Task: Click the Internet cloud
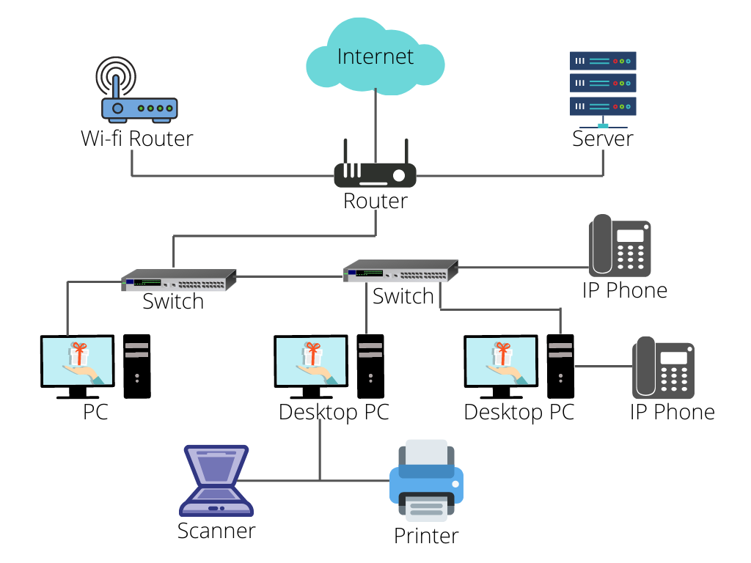(x=375, y=56)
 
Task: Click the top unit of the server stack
(x=603, y=61)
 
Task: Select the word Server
(x=603, y=139)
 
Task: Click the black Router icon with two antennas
(x=375, y=174)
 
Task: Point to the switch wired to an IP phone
(x=400, y=272)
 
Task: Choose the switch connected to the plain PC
(x=179, y=279)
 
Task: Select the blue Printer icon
(x=426, y=481)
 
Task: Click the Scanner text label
(x=216, y=531)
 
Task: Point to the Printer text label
(x=426, y=536)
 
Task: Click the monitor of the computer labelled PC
(x=78, y=364)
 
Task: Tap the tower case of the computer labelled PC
(x=137, y=366)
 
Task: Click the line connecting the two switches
(x=290, y=276)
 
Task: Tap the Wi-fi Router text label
(x=137, y=139)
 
